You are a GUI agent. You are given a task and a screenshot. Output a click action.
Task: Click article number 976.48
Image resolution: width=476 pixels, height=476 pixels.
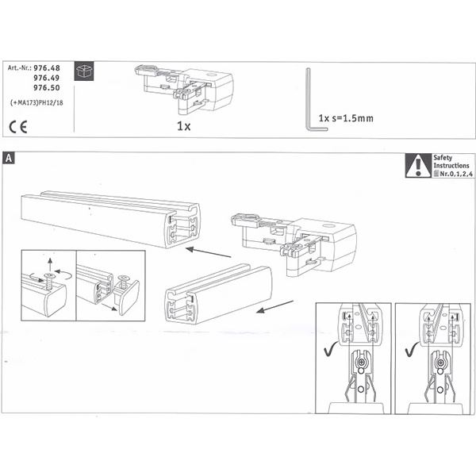point(47,67)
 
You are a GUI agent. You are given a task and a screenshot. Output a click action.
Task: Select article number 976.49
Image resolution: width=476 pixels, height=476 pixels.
point(47,78)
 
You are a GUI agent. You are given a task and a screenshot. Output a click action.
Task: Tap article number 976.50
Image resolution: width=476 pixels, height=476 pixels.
point(47,88)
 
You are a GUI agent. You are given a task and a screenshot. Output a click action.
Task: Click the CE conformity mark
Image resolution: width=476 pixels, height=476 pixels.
point(18,127)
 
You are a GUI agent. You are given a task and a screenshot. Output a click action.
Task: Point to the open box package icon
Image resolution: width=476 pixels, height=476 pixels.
point(84,71)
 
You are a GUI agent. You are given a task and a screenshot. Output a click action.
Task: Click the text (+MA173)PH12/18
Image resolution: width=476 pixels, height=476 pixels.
point(36,103)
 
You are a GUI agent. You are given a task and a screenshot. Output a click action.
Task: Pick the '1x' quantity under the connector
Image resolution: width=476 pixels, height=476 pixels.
point(184,126)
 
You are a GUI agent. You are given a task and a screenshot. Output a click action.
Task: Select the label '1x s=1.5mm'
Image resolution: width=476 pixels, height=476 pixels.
point(346,118)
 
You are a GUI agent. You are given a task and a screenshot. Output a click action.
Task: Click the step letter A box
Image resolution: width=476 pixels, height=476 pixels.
point(8,158)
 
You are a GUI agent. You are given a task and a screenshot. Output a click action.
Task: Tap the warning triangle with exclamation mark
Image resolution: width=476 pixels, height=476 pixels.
point(418,166)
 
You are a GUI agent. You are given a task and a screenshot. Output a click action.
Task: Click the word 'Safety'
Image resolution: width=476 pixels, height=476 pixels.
point(443,158)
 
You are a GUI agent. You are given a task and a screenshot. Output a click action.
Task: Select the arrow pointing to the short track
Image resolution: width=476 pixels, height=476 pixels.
point(274,306)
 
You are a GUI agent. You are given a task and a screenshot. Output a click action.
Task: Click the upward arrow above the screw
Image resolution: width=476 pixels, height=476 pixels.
point(50,264)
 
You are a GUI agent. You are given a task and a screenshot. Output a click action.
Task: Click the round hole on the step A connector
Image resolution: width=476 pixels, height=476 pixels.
point(328,226)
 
